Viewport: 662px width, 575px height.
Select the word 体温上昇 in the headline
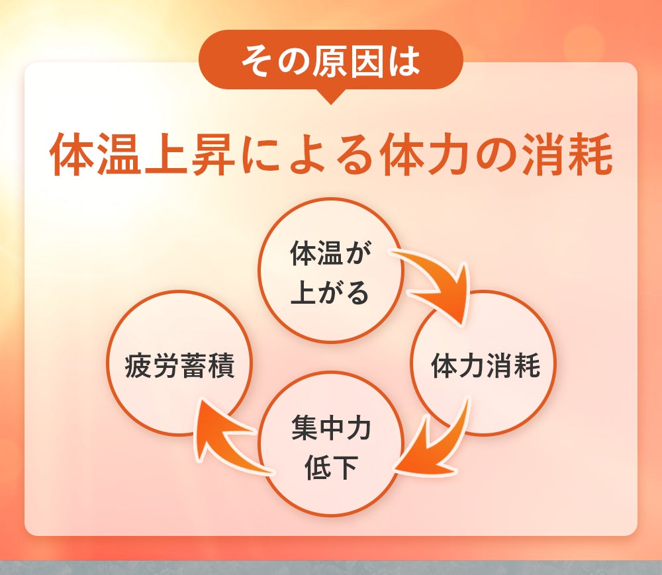(x=142, y=154)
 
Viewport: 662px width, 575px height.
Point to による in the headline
(x=307, y=155)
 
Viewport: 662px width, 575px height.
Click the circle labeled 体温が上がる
(x=331, y=271)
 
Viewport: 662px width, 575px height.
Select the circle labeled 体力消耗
(x=483, y=363)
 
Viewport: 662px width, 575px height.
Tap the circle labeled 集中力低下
(x=331, y=443)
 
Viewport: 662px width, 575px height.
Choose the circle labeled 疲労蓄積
(x=179, y=363)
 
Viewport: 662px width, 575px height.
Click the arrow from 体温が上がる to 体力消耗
(x=444, y=281)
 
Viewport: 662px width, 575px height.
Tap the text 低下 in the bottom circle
(x=331, y=466)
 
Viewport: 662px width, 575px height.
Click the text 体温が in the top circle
(x=330, y=253)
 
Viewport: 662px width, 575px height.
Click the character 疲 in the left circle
(x=138, y=365)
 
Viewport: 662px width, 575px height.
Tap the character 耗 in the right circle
(x=526, y=365)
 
